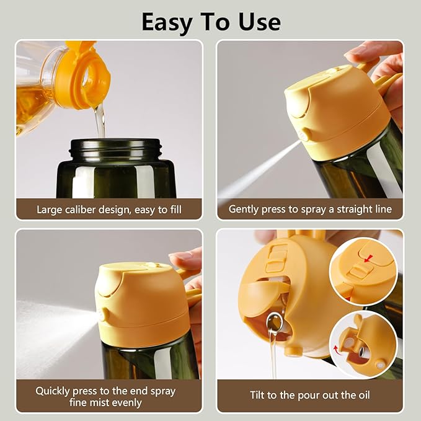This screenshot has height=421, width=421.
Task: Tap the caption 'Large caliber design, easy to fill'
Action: (109, 210)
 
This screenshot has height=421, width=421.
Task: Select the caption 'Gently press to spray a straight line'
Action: (310, 210)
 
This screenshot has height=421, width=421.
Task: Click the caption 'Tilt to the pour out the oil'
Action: (310, 395)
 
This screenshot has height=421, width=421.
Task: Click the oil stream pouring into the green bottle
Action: (99, 121)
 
